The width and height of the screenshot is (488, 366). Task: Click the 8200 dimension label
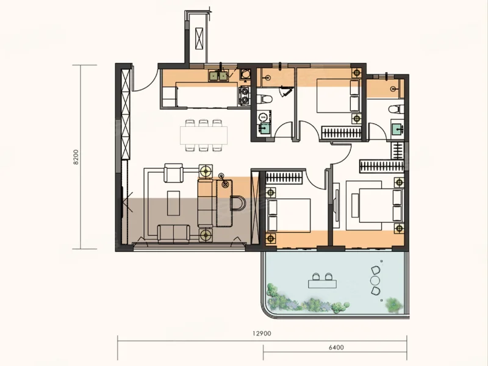76,157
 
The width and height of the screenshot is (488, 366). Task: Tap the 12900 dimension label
262,334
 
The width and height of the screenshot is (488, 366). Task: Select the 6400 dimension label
336,347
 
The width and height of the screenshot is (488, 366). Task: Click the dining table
204,135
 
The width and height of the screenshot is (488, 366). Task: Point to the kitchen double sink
218,76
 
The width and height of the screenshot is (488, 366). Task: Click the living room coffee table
173,203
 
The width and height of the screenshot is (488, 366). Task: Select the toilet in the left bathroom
265,99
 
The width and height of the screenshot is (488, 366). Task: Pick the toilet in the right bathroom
396,109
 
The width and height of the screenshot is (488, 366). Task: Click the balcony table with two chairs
322,281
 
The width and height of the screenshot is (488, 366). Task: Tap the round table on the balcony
375,281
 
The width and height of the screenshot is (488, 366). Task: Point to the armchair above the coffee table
174,173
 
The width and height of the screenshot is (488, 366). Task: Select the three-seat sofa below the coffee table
173,233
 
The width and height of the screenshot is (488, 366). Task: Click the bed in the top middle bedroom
339,96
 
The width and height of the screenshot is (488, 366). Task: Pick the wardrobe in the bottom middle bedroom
284,177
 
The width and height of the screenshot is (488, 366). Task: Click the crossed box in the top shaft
199,38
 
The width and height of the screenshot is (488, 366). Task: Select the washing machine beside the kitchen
245,74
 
